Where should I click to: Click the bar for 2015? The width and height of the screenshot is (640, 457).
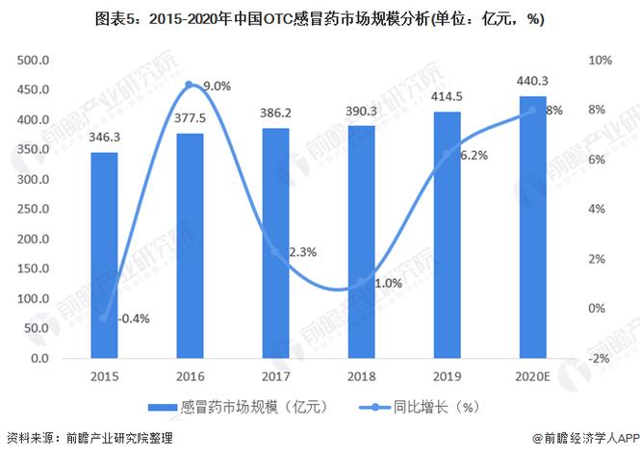[104, 255]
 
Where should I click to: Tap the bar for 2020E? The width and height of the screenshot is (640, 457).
[532, 227]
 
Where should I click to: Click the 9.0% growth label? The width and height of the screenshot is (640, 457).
[218, 87]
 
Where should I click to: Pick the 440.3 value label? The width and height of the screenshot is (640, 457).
[532, 82]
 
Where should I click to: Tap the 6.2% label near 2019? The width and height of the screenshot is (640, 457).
[474, 154]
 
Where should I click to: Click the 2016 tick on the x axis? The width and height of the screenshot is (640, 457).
[190, 377]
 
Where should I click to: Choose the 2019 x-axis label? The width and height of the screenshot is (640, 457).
[447, 377]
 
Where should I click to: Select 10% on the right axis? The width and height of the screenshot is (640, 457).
[599, 60]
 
